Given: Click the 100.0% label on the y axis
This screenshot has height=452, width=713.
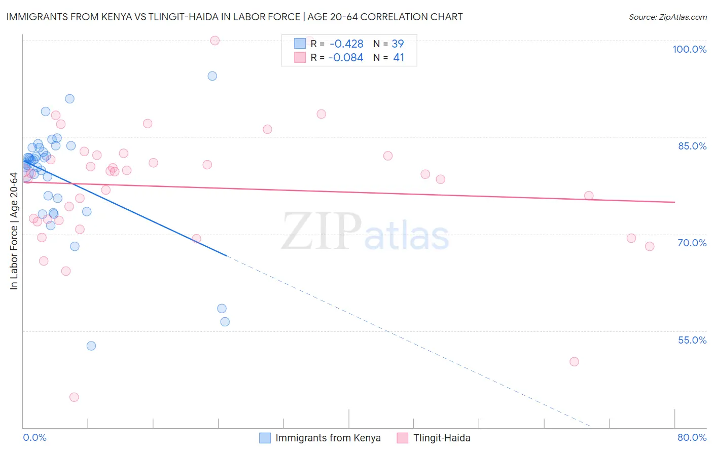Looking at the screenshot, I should point(689,49).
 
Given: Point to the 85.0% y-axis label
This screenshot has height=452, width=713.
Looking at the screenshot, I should point(692,146).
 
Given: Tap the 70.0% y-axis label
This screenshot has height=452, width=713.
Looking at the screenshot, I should point(692,243).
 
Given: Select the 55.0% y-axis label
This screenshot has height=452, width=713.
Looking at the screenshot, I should point(692,340).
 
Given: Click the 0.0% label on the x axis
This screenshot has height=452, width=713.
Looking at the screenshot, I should point(34,437).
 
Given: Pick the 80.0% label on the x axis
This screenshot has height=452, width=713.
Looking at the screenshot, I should point(692,437).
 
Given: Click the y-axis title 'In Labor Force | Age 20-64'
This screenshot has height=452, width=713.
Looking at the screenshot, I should point(14,231).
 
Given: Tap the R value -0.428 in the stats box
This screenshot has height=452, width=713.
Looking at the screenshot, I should point(346,44).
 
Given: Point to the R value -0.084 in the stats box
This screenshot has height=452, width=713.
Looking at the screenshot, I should point(346,58).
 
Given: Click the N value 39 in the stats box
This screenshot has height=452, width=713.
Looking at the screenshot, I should point(398,44).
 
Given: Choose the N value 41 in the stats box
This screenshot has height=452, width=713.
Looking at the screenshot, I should point(399,58).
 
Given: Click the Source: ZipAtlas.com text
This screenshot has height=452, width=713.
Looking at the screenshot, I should point(667,17).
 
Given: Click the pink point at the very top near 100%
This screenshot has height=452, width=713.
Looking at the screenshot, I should point(215,41).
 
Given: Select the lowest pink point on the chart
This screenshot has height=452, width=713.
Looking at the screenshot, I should point(74,397).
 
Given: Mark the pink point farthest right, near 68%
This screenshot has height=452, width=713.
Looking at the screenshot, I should point(650,246).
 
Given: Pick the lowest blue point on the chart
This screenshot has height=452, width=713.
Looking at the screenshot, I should point(91,346).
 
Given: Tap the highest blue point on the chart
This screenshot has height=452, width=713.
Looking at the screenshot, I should point(212,76).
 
